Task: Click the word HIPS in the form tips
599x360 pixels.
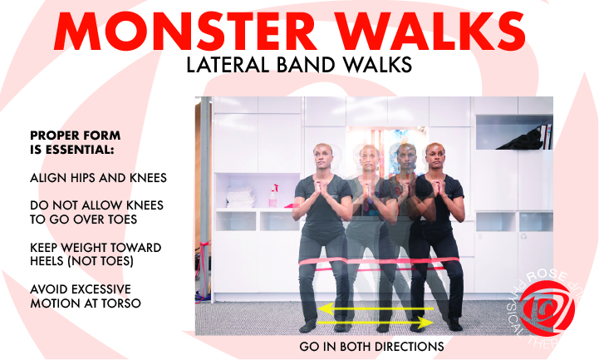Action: tap(80, 177)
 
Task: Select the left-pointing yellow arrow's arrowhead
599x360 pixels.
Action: tap(306, 308)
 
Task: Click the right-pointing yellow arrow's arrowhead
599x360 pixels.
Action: tap(429, 320)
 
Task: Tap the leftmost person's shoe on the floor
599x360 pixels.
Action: tap(309, 326)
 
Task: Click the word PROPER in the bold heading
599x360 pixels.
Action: tap(52, 136)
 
